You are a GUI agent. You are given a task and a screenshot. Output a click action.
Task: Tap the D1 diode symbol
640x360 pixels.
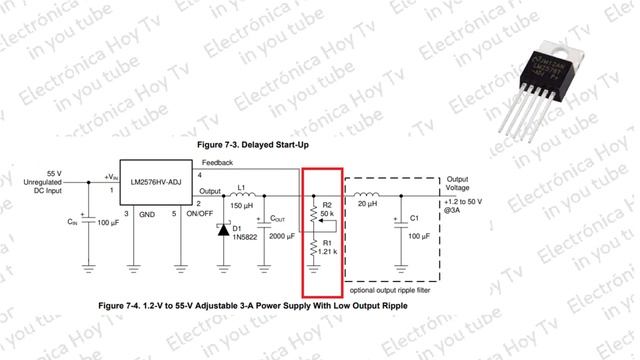coord(222,229)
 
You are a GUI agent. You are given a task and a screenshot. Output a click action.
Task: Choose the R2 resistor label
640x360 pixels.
coord(327,204)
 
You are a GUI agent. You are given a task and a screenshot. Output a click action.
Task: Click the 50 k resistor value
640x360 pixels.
coord(327,214)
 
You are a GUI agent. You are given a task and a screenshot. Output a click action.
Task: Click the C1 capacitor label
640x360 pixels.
coord(415,218)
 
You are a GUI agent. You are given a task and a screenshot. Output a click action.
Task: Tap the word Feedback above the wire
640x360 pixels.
coord(218,162)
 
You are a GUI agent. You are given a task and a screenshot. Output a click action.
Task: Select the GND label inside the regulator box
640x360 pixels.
coord(147,213)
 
